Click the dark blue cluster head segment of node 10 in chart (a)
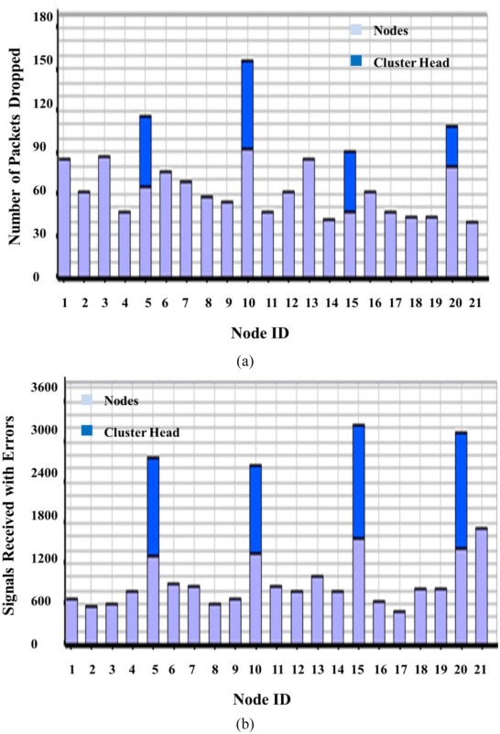click(247, 104)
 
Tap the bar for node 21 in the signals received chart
click(482, 586)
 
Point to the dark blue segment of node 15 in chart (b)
click(359, 482)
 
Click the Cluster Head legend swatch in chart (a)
click(356, 61)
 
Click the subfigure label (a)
click(245, 362)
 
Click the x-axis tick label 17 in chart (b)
click(399, 670)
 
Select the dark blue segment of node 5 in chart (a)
click(146, 151)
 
